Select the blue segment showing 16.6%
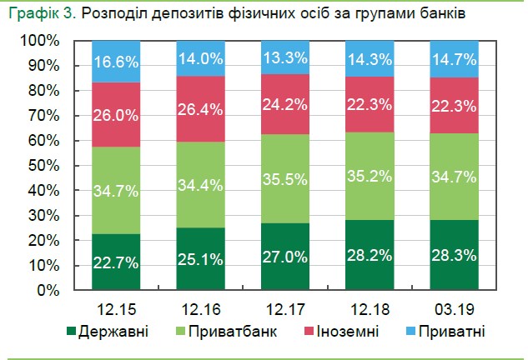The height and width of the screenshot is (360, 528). tap(115, 62)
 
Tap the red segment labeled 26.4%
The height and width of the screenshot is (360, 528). tap(200, 108)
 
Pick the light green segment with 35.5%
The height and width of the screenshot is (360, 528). tap(285, 179)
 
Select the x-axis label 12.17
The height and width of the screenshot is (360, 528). tap(285, 307)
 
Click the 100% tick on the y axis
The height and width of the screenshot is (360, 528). tap(40, 41)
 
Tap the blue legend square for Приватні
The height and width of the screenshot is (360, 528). tap(413, 331)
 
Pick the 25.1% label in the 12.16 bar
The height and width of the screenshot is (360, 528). tap(200, 258)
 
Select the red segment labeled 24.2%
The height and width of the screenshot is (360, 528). tap(285, 104)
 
